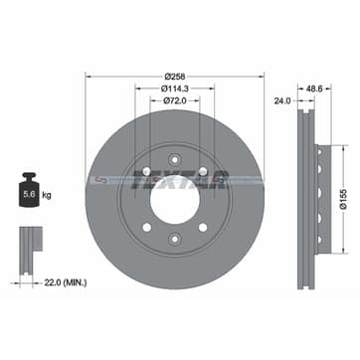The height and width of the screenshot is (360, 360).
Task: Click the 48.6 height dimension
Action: click(315, 89)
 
